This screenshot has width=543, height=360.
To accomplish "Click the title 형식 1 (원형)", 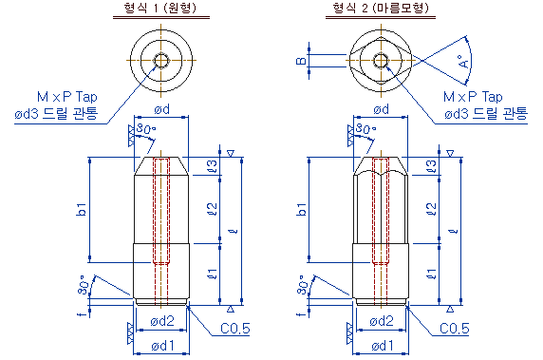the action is click(x=160, y=8).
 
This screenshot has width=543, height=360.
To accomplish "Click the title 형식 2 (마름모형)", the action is click(x=381, y=8).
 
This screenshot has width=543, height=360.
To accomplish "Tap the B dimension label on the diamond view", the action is click(x=301, y=61).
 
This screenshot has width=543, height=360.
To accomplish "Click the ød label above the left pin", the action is click(x=161, y=109).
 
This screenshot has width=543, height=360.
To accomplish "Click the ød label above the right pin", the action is click(x=381, y=109).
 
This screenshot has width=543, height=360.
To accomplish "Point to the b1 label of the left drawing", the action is click(x=82, y=209).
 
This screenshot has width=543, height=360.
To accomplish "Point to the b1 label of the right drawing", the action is click(x=302, y=209).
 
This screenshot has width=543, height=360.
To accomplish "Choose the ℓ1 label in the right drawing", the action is click(x=432, y=274).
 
